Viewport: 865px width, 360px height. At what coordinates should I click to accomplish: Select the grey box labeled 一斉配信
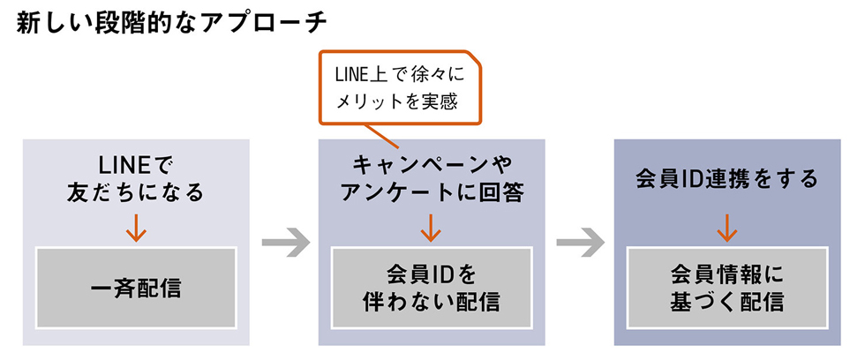[135, 288]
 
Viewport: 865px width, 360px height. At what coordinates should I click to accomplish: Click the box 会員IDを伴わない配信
[431, 288]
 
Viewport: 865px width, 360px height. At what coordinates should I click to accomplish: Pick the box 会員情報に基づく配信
[726, 288]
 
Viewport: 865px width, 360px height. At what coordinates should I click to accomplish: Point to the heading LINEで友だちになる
[135, 178]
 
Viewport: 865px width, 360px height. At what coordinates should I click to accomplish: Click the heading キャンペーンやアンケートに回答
[431, 178]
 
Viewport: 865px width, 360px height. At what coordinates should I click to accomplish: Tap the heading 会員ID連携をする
[726, 178]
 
